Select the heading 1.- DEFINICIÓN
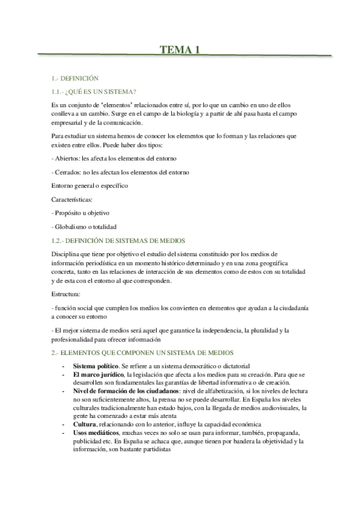75,79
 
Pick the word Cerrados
67,172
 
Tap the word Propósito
72,213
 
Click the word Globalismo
74,227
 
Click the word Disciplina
67,253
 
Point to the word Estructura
67,294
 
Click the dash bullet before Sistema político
63,366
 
